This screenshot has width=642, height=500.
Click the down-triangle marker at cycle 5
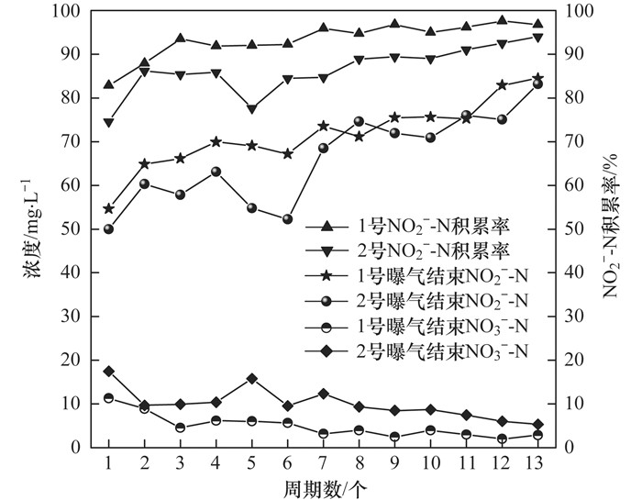[x=251, y=108]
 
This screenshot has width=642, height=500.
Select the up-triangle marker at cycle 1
[x=108, y=85]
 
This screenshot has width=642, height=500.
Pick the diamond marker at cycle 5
[x=251, y=378]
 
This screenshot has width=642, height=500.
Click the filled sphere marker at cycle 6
[x=287, y=219]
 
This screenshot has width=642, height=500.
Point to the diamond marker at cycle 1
[x=108, y=371]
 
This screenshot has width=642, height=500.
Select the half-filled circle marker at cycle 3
[x=180, y=428]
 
